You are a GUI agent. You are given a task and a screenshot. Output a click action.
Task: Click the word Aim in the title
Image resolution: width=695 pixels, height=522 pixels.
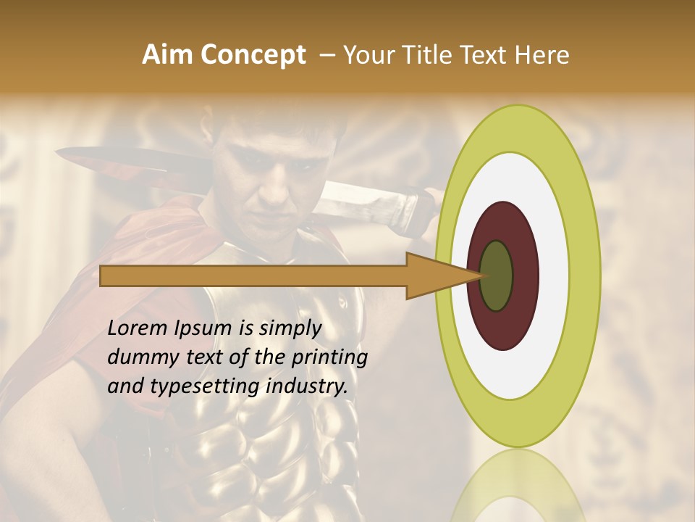pyautogui.click(x=168, y=55)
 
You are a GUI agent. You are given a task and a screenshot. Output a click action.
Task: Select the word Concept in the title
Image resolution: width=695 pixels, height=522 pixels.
pyautogui.click(x=252, y=55)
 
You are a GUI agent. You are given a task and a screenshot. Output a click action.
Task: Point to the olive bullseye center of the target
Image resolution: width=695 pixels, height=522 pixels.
pyautogui.click(x=497, y=276)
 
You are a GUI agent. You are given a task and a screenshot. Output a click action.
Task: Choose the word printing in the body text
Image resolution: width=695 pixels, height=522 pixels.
pyautogui.click(x=329, y=358)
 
